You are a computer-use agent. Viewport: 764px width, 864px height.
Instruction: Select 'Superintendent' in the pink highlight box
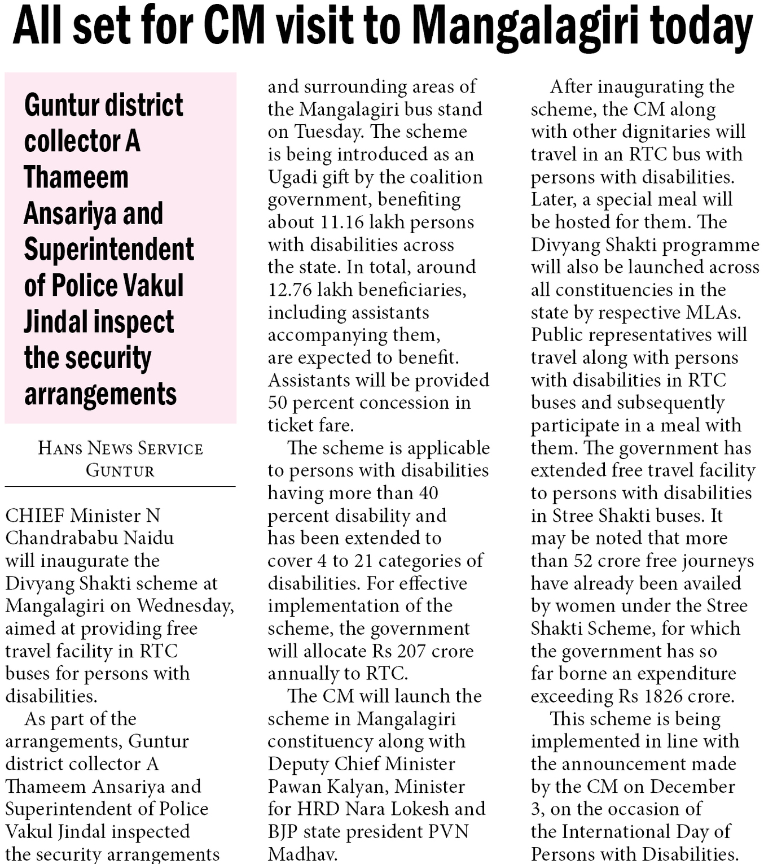pyautogui.click(x=109, y=250)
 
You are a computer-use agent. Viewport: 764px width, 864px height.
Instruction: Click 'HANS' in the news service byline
pyautogui.click(x=60, y=448)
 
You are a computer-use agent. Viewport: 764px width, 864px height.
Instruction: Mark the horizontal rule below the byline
pyautogui.click(x=120, y=486)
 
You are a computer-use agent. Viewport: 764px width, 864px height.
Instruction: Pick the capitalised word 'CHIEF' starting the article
pyautogui.click(x=35, y=516)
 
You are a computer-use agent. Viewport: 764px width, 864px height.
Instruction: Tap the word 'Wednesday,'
pyautogui.click(x=185, y=606)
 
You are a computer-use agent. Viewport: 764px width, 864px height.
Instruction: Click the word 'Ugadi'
pyautogui.click(x=292, y=177)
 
